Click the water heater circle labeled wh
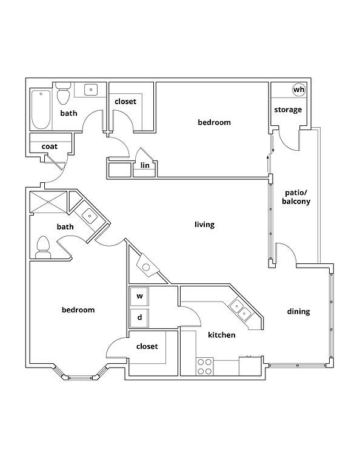pos(299,89)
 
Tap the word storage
pos(288,110)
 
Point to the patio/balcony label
pos(296,197)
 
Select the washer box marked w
pos(139,296)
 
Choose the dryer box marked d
pos(139,318)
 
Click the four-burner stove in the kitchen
pos(205,366)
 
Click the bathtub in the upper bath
pos(41,110)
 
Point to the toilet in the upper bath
pos(63,93)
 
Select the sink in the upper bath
pos(91,89)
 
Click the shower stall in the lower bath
pos(48,202)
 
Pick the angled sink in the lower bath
pos(88,216)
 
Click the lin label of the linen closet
pos(145,165)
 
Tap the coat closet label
pos(50,147)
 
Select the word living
pos(204,225)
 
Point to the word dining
pos(298,311)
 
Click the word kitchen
pos(221,335)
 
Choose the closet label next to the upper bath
pos(125,102)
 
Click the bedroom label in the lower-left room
pos(78,310)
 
